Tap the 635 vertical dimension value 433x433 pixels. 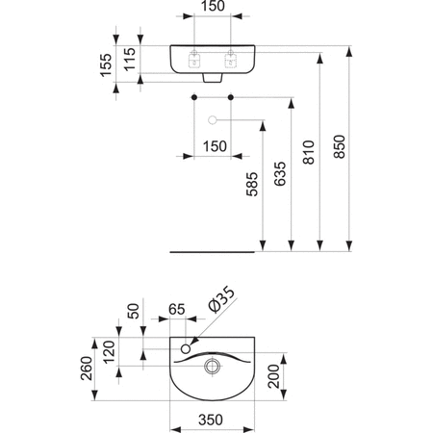281,173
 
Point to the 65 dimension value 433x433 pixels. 176,310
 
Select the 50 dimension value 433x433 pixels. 134,314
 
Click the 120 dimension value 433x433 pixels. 108,352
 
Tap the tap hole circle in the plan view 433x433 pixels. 187,345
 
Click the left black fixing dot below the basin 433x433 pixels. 193,98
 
